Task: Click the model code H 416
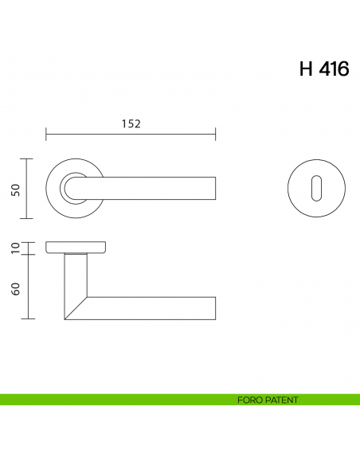323,69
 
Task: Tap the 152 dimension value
131,123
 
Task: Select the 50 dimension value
15,189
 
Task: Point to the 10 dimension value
15,248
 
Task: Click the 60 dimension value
15,287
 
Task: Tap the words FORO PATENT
268,400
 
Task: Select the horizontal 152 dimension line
96,135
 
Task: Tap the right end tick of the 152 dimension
216,135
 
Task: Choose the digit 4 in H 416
325,69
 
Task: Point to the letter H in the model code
307,69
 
